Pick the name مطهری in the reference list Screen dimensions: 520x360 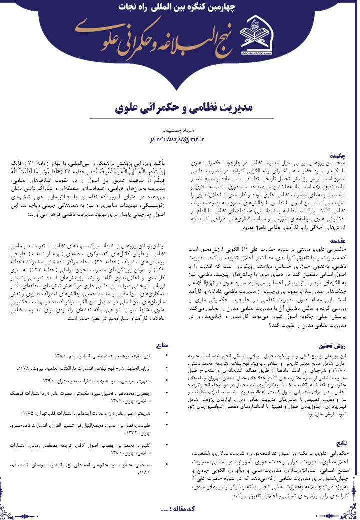[146, 381]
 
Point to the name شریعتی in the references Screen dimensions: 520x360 [146, 414]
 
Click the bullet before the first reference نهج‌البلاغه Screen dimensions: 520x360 [167, 356]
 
